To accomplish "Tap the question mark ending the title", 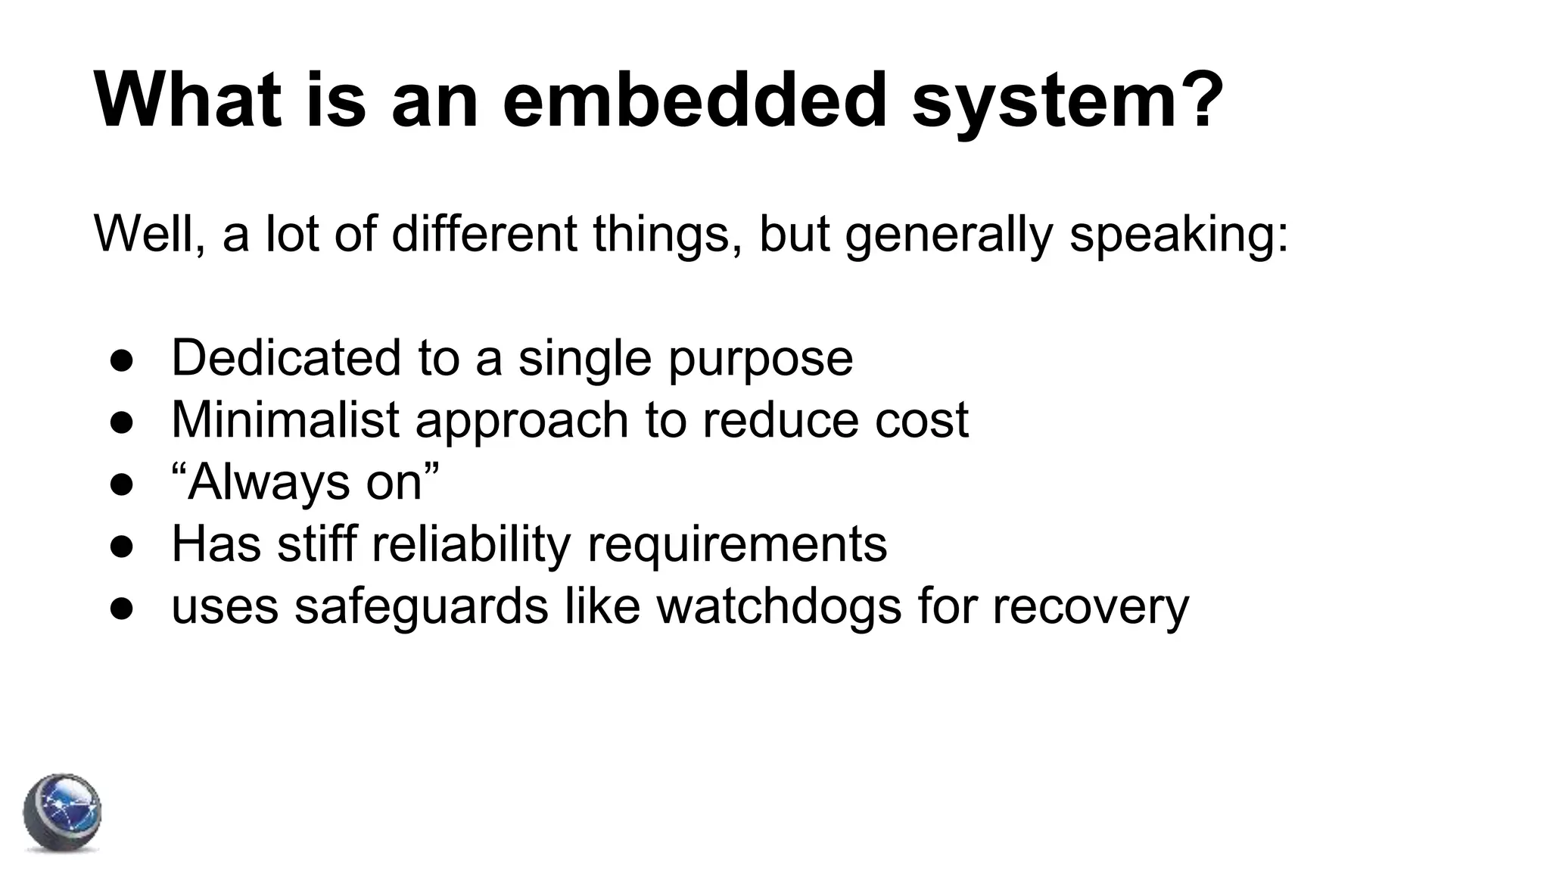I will pyautogui.click(x=1197, y=101).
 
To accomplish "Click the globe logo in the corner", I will pyautogui.click(x=62, y=814).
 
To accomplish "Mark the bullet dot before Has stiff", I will pyautogui.click(x=122, y=545).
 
